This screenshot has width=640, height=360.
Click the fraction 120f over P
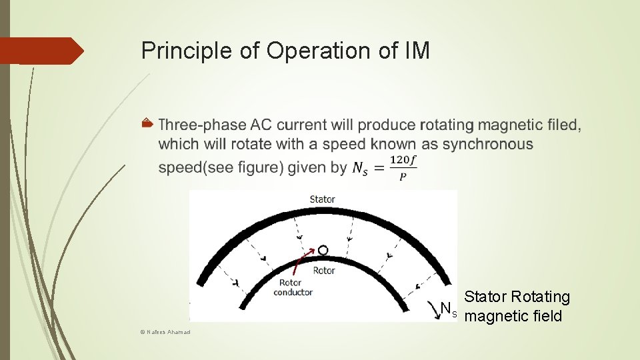tap(403, 168)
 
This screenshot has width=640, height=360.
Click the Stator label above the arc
tap(323, 199)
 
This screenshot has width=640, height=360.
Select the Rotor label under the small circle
tap(324, 271)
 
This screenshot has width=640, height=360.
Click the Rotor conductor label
tap(293, 287)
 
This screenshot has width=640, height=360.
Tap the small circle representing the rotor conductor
tap(323, 251)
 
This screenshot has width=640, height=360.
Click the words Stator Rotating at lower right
tap(517, 297)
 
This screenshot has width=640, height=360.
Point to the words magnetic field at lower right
tap(513, 316)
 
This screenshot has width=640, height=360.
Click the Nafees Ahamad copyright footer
tap(166, 332)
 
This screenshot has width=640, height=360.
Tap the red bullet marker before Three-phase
tap(147, 125)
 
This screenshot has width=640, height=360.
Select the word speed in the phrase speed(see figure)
tap(176, 168)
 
